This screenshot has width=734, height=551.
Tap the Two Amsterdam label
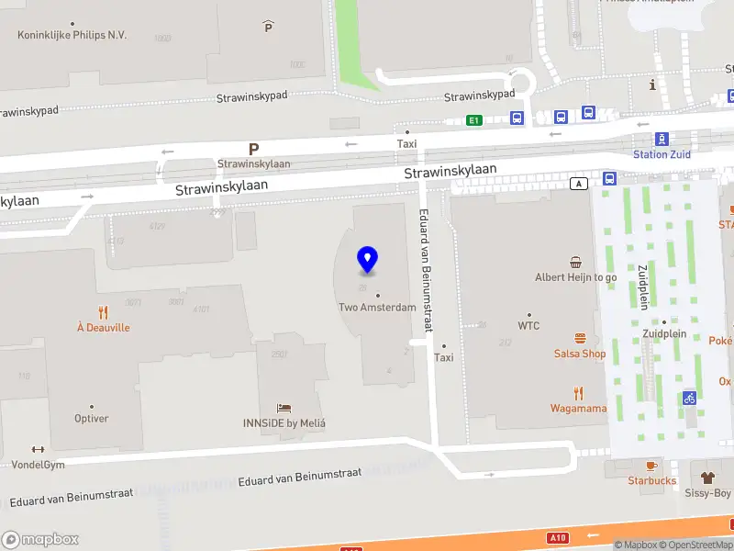tap(377, 308)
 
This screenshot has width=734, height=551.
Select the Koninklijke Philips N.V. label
tap(72, 35)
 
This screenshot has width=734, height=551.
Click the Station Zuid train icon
tap(662, 139)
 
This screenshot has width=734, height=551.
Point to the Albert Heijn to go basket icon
tap(575, 261)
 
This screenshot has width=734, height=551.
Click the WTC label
tap(528, 325)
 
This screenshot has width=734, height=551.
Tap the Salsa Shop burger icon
tap(580, 338)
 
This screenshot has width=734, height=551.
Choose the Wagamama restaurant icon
tap(578, 392)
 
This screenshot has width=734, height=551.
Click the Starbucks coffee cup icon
tap(651, 465)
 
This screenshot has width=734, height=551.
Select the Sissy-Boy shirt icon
tap(709, 478)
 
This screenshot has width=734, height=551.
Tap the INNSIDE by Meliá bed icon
tap(284, 408)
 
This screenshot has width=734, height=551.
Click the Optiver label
tap(91, 418)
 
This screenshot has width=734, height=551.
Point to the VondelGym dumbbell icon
tap(38, 449)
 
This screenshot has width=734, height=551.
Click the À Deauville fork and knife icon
tap(103, 312)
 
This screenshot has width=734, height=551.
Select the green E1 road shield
tap(473, 120)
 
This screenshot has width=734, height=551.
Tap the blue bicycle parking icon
tap(689, 399)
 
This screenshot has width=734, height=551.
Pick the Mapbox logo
tap(40, 540)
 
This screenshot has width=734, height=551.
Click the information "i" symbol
tap(652, 85)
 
